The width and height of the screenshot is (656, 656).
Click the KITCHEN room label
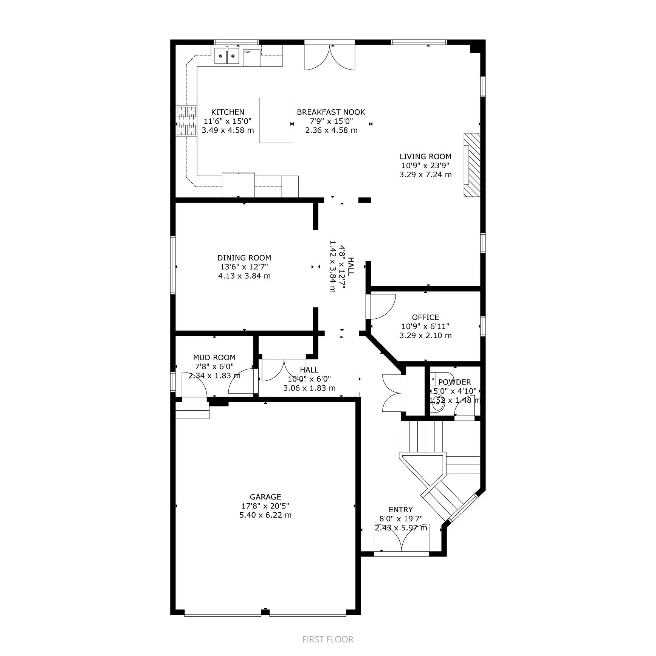(227, 112)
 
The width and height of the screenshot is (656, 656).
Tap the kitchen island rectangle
(275, 120)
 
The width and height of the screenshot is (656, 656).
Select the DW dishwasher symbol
(251, 57)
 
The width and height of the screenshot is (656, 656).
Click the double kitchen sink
(227, 56)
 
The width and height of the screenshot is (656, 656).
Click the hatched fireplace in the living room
(472, 164)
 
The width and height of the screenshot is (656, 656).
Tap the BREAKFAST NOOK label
(331, 112)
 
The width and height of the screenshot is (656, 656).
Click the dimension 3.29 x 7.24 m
(425, 175)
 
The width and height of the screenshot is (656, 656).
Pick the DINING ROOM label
(244, 258)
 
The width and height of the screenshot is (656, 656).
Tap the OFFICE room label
(425, 317)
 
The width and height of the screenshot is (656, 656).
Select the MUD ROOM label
(214, 357)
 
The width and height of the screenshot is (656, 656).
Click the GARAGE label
(265, 497)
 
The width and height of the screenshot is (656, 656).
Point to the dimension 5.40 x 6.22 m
(265, 515)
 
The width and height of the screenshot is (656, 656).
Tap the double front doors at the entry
(402, 538)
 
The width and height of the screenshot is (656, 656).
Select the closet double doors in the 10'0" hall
(284, 369)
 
